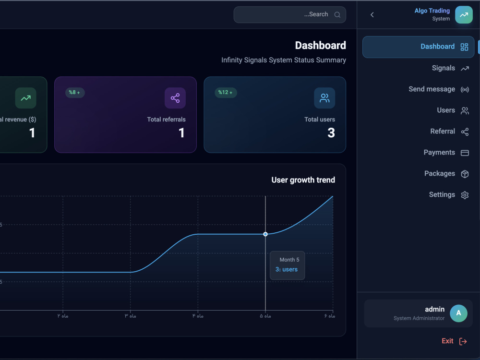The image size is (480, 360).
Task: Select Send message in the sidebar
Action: (438, 89)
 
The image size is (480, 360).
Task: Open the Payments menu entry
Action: (446, 153)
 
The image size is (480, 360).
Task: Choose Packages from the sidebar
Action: (446, 174)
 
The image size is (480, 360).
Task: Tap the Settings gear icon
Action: (465, 195)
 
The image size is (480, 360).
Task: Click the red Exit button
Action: (454, 341)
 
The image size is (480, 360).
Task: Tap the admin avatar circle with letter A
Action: (458, 313)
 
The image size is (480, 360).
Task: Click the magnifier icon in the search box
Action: (337, 15)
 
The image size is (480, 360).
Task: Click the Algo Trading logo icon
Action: (464, 15)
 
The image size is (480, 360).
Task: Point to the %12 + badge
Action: (226, 93)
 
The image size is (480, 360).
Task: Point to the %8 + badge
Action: (75, 93)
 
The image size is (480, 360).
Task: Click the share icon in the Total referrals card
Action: (175, 98)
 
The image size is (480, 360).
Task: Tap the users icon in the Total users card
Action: (324, 98)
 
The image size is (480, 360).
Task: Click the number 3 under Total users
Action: (331, 133)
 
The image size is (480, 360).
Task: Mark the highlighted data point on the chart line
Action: (265, 234)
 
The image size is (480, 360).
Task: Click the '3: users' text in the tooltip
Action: (287, 269)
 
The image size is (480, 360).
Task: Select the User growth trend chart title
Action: (303, 180)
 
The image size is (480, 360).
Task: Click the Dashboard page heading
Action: (321, 45)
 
